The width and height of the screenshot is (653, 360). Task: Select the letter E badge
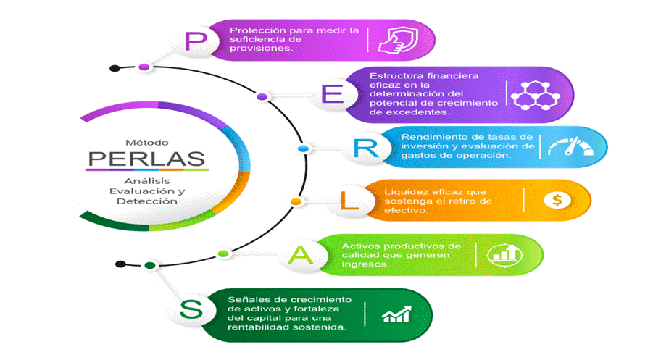point(330,96)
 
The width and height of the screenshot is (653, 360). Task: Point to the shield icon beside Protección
point(397,39)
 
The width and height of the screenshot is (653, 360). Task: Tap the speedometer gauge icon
point(569,147)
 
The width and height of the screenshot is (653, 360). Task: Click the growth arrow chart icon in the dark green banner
point(396,314)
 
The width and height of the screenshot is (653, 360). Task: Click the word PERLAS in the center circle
point(146,156)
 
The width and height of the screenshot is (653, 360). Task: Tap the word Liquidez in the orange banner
point(405,191)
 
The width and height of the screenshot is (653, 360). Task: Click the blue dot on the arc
point(304,148)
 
